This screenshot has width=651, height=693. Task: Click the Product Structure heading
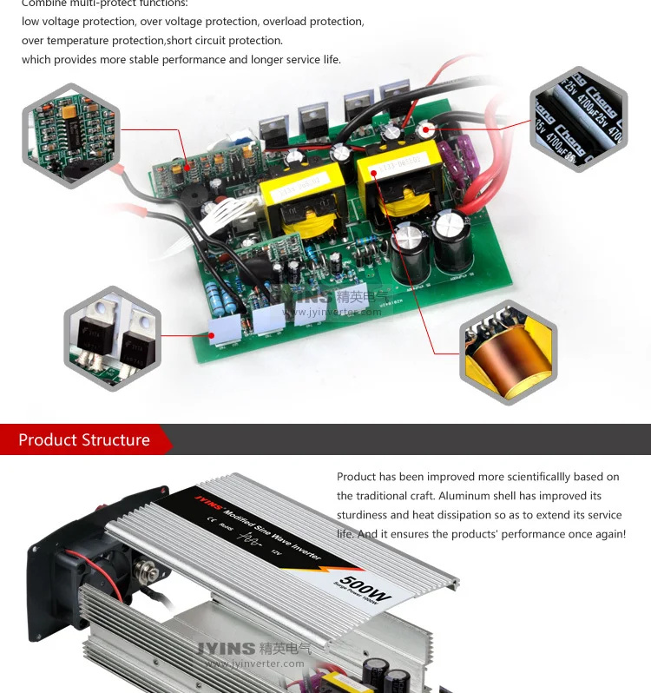(x=84, y=440)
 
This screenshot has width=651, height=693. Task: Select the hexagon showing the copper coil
(x=508, y=353)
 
